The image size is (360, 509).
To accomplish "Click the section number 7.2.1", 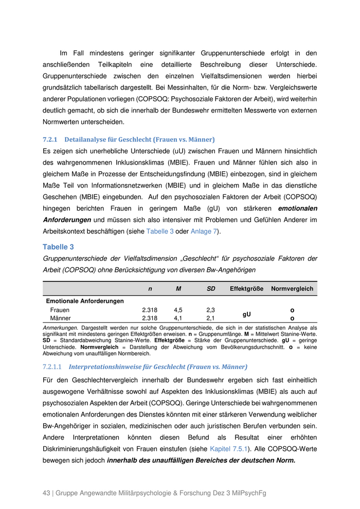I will coord(50,139).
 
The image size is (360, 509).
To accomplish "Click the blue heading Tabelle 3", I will coord(58,247).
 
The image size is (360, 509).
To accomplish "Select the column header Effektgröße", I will coord(247,289).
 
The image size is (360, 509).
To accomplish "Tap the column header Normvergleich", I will coord(292,289).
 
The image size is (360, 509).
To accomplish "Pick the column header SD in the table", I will coord(211,289).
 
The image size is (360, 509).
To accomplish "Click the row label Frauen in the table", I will coord(60,311).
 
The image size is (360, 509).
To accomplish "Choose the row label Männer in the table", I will coord(60,319).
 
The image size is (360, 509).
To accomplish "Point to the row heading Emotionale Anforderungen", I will coord(85,301).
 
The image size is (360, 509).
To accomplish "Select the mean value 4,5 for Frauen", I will coord(178,311).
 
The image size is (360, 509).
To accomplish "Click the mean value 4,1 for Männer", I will coord(178,319).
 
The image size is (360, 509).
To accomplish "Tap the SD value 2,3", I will coord(211,311).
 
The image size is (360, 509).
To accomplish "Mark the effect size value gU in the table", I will coord(247,314).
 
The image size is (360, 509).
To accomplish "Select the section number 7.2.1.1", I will coord(52,367).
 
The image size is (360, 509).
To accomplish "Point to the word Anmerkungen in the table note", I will coord(60,328).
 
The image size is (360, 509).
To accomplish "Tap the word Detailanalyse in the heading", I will coord(84,139).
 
